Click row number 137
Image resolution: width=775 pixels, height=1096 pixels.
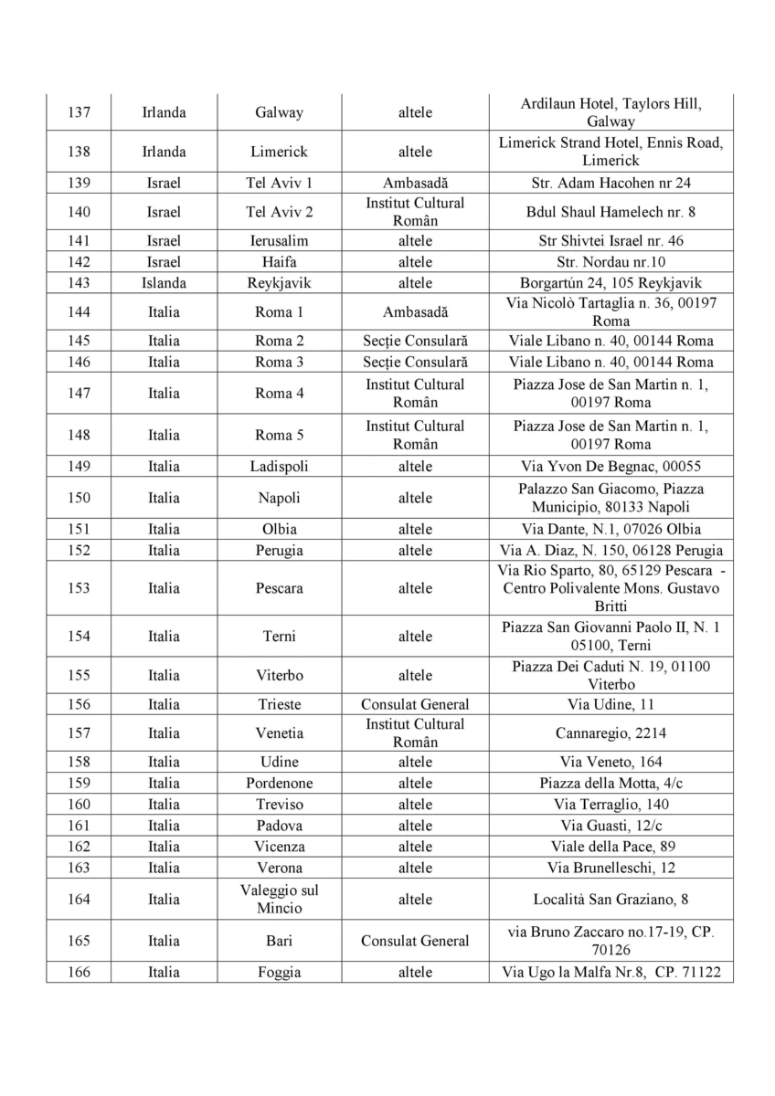point(79,113)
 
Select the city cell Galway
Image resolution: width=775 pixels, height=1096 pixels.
point(279,113)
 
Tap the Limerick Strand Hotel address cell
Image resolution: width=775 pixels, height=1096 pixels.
point(610,152)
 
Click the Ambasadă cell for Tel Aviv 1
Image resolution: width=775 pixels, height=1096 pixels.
point(415,183)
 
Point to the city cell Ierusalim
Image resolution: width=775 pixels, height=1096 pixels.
point(279,241)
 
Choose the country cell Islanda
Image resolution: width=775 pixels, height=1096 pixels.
point(164,283)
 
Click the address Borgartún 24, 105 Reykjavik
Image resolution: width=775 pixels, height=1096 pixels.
point(610,283)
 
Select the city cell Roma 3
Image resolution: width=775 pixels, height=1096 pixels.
point(279,363)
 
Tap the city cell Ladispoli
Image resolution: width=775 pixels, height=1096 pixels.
point(279,467)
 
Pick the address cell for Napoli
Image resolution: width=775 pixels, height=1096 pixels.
point(610,498)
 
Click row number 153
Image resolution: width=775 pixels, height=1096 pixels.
point(79,588)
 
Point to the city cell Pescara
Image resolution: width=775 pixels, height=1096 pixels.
point(279,588)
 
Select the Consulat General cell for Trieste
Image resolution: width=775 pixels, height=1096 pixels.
point(415,704)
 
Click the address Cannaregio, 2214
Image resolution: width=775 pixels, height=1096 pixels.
point(610,732)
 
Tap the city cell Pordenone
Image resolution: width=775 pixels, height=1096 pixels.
point(279,784)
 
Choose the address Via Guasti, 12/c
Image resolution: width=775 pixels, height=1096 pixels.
point(610,826)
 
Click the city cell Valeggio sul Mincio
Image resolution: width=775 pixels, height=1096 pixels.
point(279,900)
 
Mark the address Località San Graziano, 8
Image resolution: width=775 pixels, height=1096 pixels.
point(610,900)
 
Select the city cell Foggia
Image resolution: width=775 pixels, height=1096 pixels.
point(279,973)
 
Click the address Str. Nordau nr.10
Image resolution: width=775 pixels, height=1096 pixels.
point(610,262)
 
